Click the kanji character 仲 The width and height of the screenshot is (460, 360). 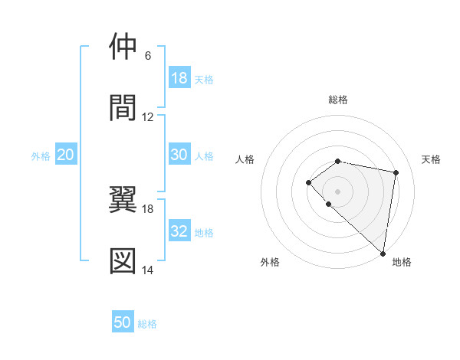123,47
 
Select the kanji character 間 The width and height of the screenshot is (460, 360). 123,108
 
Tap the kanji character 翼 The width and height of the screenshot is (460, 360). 123,200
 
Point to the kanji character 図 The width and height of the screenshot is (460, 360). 123,260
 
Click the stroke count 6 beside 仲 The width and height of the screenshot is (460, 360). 147,56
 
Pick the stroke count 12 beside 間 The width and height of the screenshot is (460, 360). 148,117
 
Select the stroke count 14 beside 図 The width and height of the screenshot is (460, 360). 148,270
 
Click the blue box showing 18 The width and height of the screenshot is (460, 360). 179,78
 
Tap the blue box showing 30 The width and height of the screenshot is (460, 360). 179,155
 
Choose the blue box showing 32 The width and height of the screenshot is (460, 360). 179,231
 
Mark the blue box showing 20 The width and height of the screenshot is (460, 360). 66,155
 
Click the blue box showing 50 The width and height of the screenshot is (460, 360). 123,322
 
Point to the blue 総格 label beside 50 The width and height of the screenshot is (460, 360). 147,324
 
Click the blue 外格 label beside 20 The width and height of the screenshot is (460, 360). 41,156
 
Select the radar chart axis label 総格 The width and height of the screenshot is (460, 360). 338,100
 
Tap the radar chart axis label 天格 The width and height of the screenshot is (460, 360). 432,159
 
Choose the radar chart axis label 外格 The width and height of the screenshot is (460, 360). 270,262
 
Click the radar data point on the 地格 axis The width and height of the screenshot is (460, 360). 383,253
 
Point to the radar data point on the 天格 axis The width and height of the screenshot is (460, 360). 396,172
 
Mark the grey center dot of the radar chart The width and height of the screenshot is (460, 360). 338,191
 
